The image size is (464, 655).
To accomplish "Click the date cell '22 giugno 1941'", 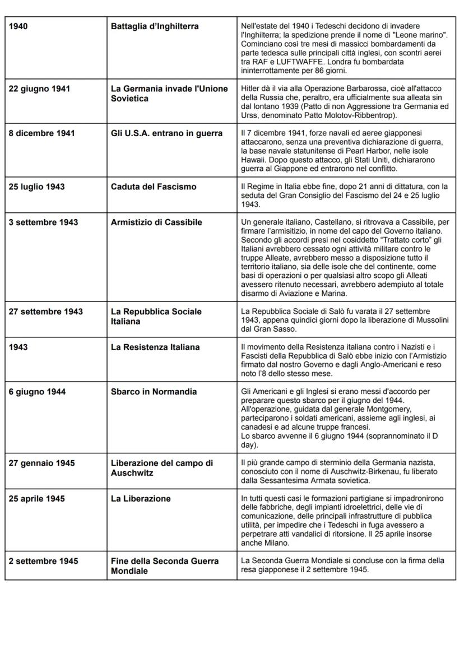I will pyautogui.click(x=39, y=89).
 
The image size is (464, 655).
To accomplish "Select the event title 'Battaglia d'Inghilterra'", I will pyautogui.click(x=155, y=26).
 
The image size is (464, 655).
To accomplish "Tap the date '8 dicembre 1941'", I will pyautogui.click(x=41, y=133).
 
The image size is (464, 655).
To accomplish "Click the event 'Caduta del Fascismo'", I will pyautogui.click(x=154, y=187).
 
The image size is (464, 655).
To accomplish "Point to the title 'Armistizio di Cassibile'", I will pyautogui.click(x=156, y=222).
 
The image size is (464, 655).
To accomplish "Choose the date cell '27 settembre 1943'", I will pyautogui.click(x=45, y=312).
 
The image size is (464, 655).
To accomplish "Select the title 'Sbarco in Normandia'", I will pyautogui.click(x=154, y=392).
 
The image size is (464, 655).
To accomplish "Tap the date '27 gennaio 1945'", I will pyautogui.click(x=41, y=463).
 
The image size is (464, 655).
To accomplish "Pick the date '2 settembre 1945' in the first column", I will pyautogui.click(x=43, y=561).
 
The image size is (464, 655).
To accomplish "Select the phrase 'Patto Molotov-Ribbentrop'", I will pyautogui.click(x=348, y=115).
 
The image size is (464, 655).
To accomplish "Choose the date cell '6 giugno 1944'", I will pyautogui.click(x=37, y=392).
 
